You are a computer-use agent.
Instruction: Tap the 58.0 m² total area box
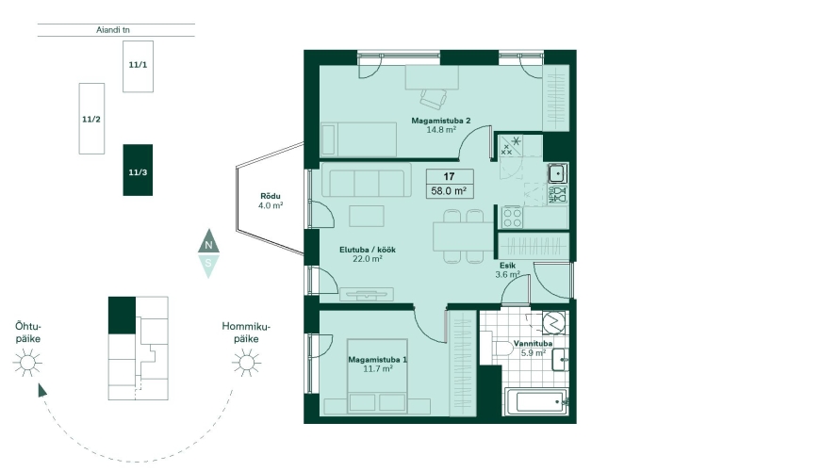[x=450, y=190]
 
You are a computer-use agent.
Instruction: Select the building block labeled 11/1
[x=138, y=66]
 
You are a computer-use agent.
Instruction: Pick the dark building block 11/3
[x=138, y=170]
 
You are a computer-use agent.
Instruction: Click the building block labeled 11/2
[x=91, y=119]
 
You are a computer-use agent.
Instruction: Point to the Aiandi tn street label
[x=113, y=30]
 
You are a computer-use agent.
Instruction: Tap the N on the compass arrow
[x=208, y=245]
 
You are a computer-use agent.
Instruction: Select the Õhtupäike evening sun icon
[x=27, y=363]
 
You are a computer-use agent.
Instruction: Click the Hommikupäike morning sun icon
[x=246, y=363]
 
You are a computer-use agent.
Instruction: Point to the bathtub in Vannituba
[x=536, y=401]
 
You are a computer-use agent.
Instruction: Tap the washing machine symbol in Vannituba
[x=553, y=322]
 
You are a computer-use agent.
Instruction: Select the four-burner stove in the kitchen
[x=512, y=217]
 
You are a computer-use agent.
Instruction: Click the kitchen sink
[x=557, y=173]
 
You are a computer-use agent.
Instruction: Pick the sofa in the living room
[x=367, y=180]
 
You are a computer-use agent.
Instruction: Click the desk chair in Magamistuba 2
[x=434, y=99]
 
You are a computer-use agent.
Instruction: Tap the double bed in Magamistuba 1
[x=377, y=376]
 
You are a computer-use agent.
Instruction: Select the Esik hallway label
[x=507, y=266]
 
